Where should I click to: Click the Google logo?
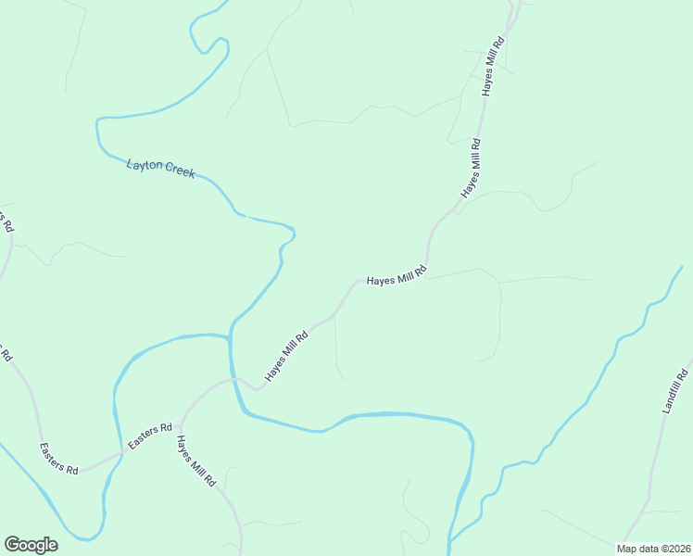tap(31, 545)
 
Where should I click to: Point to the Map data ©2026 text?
tap(653, 549)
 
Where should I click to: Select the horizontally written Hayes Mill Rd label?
tap(397, 277)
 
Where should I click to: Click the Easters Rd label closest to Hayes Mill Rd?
tap(150, 436)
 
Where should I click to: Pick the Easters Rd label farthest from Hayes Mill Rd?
tap(58, 459)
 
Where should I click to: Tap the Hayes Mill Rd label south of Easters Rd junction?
tap(196, 461)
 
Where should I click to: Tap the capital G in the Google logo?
tap(12, 544)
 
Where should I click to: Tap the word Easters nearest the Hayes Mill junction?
tap(144, 439)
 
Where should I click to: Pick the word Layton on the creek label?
tap(144, 165)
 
